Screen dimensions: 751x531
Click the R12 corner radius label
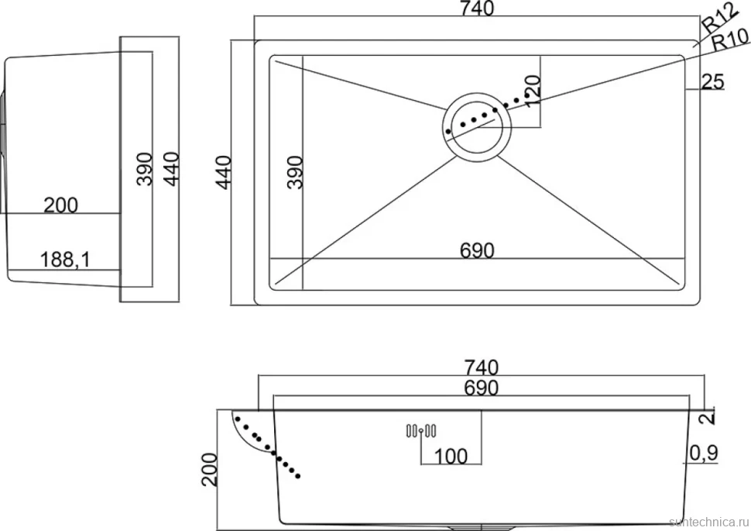click(x=720, y=19)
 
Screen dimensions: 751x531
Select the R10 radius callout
click(x=730, y=40)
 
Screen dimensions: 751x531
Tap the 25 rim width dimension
click(x=713, y=81)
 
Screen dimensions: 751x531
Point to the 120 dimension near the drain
click(x=533, y=91)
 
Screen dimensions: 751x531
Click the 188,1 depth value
click(x=65, y=260)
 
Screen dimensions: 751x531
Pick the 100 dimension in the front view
click(x=451, y=456)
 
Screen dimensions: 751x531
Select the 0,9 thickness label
click(x=704, y=453)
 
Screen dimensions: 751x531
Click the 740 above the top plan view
click(x=477, y=9)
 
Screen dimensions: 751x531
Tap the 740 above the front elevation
click(x=482, y=367)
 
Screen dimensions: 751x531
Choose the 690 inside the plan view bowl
click(x=477, y=250)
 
